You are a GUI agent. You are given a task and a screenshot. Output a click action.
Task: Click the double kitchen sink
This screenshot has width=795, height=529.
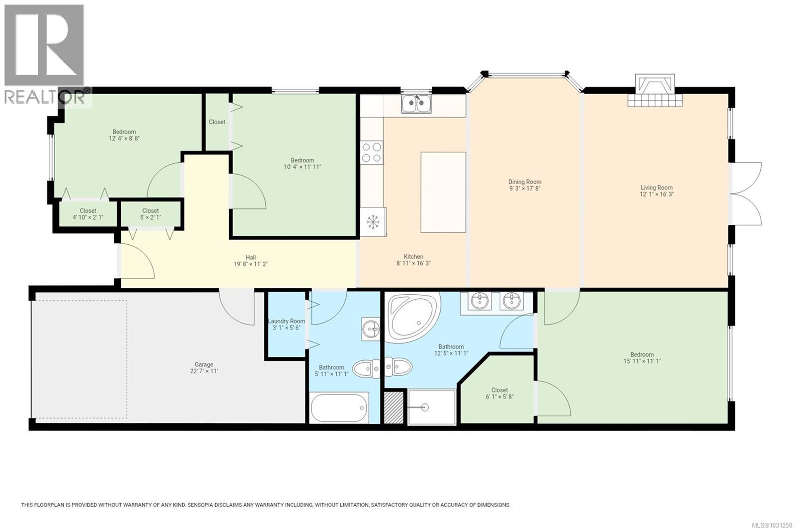[x=416, y=104]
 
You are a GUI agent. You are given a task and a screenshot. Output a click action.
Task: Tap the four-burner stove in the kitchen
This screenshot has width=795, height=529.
[x=371, y=152]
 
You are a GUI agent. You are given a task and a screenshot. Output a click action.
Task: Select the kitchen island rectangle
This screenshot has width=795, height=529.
[x=443, y=192]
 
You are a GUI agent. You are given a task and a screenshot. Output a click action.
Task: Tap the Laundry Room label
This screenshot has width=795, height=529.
[x=287, y=321]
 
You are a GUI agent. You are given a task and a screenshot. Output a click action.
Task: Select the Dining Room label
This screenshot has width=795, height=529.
[x=525, y=182]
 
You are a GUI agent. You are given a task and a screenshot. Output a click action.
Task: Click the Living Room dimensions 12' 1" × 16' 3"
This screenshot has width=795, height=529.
[x=656, y=195]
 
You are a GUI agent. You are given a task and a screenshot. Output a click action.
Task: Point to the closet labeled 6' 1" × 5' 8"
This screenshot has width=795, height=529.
[x=499, y=394]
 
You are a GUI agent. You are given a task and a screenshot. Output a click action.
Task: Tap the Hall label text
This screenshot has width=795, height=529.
[x=251, y=257]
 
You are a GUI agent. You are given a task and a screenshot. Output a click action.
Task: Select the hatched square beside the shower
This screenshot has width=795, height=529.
[x=394, y=407]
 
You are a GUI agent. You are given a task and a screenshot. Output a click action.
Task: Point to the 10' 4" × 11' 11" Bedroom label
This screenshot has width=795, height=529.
[x=302, y=164]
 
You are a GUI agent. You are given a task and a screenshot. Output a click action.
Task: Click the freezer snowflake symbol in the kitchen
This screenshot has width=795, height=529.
[x=372, y=222]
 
